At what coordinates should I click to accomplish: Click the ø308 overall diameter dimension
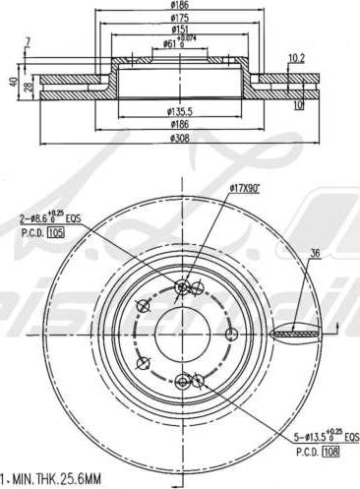pyautogui.click(x=180, y=139)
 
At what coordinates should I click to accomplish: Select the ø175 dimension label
pyautogui.click(x=180, y=18)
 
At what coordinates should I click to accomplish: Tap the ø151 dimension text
pyautogui.click(x=180, y=31)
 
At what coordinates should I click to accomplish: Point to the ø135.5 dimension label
pyautogui.click(x=180, y=113)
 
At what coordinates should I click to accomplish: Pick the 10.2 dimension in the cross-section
pyautogui.click(x=296, y=58)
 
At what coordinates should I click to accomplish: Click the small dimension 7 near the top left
pyautogui.click(x=29, y=40)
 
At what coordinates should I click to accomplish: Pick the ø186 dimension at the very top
pyautogui.click(x=180, y=6)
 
